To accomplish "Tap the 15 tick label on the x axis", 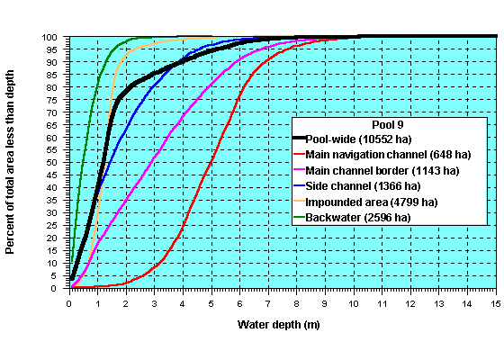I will pos(495,302).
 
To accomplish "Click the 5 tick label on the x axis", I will pos(211,302).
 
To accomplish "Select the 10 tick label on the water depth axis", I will pos(353,302).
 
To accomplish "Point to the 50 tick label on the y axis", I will pos(55,163).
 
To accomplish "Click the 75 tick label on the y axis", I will pos(55,100).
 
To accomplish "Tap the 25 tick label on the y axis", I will pos(55,226).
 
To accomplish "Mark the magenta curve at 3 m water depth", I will pos(154,159).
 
